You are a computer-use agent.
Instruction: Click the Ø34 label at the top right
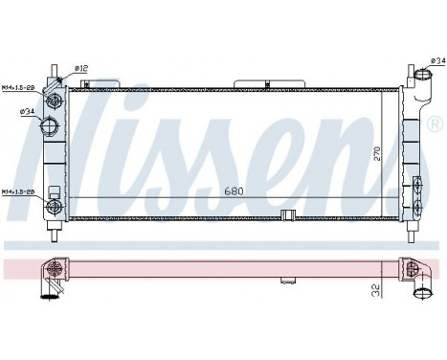point(436,60)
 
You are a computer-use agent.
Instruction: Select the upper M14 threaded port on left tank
point(55,100)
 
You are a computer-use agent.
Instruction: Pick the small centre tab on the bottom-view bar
point(286,282)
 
